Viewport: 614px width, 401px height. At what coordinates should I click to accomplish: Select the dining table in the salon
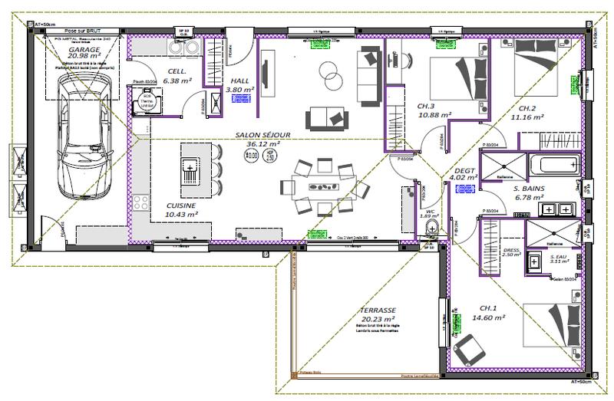[x=322, y=186]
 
